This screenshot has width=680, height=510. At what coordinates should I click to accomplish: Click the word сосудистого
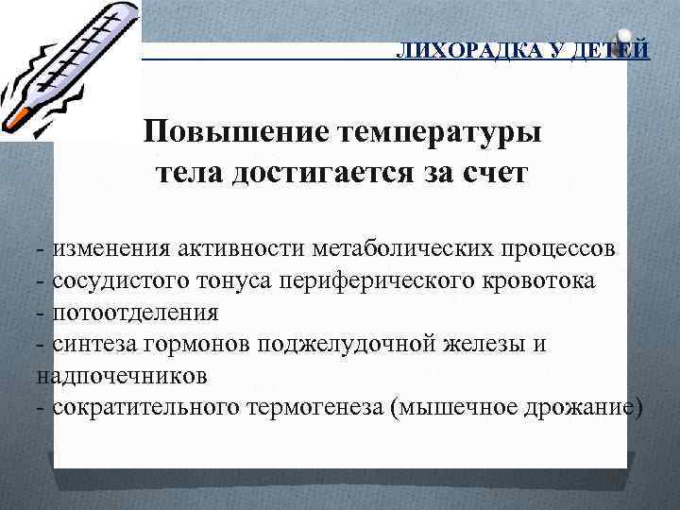click(x=112, y=280)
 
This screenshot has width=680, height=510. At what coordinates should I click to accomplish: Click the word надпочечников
click(x=123, y=376)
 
